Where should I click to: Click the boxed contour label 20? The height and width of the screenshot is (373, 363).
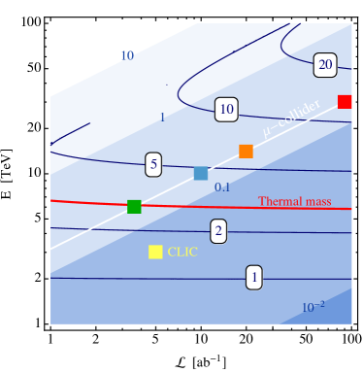325,66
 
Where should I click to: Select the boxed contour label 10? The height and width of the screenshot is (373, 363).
226,110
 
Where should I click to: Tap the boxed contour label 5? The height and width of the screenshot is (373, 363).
153,164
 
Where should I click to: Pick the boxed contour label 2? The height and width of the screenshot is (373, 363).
218,230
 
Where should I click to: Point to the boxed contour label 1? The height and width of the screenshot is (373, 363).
254,278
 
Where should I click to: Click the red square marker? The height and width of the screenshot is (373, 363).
345,102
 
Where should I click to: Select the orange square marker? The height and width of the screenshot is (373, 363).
246,152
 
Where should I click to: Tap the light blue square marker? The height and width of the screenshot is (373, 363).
201,174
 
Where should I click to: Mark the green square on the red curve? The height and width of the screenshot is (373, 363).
134,206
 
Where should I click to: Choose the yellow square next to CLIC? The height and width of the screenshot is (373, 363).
155,252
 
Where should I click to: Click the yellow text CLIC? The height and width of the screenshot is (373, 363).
182,252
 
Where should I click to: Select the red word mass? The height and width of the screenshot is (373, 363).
319,202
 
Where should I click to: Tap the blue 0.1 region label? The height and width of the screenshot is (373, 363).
221,187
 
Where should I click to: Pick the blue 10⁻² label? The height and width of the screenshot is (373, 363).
313,308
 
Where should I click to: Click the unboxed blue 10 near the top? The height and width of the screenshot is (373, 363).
126,55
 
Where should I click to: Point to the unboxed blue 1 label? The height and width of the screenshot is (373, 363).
162,118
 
